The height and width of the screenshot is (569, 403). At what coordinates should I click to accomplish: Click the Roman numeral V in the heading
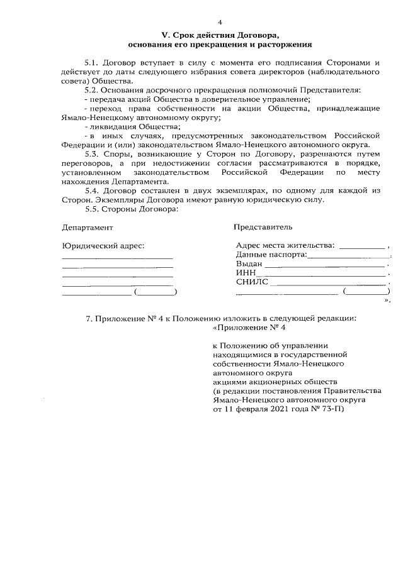(x=164, y=35)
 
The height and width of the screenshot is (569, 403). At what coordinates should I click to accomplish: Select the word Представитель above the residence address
(x=262, y=226)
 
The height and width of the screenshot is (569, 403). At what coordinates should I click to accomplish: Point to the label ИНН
(x=246, y=273)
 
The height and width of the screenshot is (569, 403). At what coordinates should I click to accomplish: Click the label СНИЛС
(x=251, y=282)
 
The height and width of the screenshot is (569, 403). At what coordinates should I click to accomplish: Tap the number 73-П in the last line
(x=331, y=409)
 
